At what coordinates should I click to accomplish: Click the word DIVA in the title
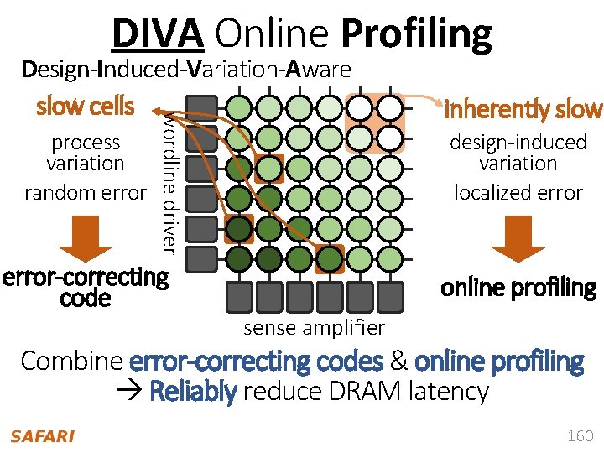point(158,34)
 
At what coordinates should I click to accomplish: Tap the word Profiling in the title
point(417,34)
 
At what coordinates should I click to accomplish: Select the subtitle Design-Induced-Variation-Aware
point(186,70)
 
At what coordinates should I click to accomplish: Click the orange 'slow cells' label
point(85,107)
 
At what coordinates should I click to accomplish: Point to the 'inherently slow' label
point(523,109)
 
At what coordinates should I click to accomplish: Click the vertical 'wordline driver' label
point(169,180)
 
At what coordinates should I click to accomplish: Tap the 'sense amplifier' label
point(314,328)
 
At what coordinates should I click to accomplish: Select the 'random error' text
point(85,192)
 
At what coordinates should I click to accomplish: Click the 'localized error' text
point(518,192)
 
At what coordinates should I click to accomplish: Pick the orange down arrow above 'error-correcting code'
point(86,239)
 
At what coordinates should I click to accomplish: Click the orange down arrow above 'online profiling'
point(518,239)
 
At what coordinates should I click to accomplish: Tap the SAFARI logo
point(42,435)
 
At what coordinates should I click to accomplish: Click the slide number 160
point(580,435)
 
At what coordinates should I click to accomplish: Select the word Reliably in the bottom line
point(192,391)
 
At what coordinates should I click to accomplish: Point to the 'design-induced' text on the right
point(518,143)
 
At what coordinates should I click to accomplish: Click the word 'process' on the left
point(86,143)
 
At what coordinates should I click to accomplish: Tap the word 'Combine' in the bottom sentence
point(72,362)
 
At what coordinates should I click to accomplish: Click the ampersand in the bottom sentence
point(398,362)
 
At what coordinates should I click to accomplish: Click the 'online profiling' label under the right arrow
point(518,288)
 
